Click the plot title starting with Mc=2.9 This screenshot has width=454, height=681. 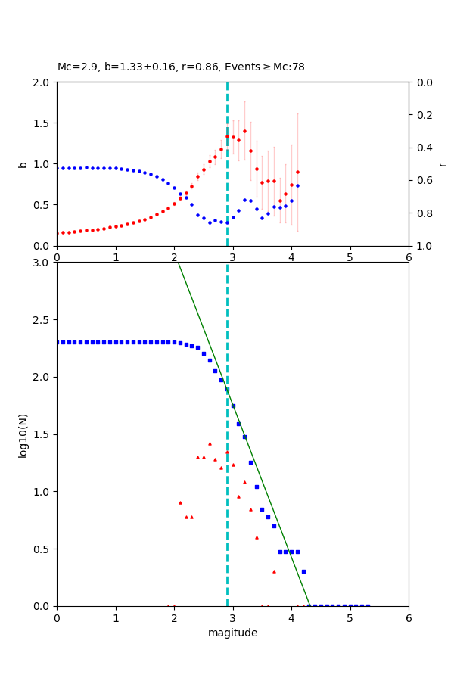tap(181, 67)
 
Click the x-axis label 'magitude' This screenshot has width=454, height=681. tap(232, 633)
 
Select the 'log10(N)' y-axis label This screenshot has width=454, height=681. tap(23, 434)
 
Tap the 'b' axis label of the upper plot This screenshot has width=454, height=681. tap(23, 164)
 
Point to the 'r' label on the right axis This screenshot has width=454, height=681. tap(443, 164)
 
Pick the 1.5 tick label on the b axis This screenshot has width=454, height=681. tap(42, 123)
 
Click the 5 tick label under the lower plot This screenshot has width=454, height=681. tap(350, 618)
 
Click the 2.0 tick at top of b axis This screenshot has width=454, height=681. tap(42, 82)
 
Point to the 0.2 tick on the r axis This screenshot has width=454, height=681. tap(422, 115)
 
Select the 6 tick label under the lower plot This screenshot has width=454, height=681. tap(409, 618)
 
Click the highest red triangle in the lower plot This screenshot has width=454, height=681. tap(210, 443)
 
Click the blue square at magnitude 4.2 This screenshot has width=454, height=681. tap(303, 571)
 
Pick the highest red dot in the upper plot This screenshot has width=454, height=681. tap(244, 131)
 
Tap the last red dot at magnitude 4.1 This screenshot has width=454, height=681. tap(297, 172)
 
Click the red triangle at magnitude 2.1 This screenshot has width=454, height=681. tap(180, 502)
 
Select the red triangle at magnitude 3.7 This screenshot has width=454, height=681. tap(274, 571)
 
